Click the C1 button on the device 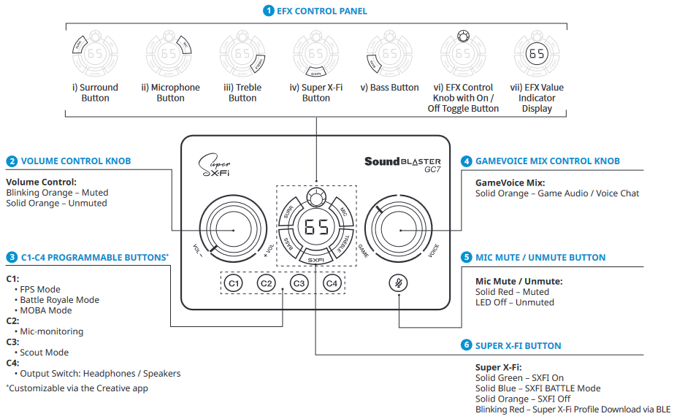233,283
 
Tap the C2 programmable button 266,283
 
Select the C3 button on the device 299,283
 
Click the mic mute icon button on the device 398,283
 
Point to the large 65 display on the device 316,228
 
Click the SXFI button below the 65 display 316,259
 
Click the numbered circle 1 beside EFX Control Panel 268,11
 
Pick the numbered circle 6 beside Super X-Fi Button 466,345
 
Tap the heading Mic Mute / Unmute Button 540,258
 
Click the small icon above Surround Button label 95,55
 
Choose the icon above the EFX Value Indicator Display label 537,55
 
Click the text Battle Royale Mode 59,300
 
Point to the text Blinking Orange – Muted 57,193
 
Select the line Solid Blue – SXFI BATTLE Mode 538,388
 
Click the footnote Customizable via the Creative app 77,388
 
